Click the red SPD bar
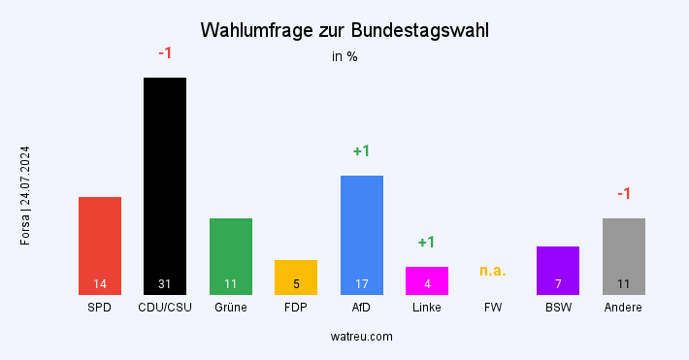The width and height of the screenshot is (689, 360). [100, 245]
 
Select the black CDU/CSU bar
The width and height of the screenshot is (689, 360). [165, 184]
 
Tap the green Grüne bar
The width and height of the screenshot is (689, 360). [231, 255]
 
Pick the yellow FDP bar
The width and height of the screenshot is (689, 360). [296, 277]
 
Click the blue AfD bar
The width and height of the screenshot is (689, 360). [362, 234]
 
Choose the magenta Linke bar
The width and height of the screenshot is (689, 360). [427, 279]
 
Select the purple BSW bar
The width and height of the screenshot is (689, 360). [558, 270]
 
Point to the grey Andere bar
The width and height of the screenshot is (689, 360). [624, 255]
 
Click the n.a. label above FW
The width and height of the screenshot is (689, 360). [493, 271]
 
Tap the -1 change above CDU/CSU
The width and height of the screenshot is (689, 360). [165, 53]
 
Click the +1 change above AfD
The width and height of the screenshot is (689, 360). [362, 151]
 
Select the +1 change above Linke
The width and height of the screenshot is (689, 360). [427, 243]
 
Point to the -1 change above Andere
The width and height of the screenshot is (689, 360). [624, 194]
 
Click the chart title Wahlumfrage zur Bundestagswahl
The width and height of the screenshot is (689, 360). [344, 30]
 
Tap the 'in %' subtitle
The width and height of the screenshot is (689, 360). [344, 56]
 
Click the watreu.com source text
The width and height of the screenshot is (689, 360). [361, 336]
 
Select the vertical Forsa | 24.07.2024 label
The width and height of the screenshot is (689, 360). [25, 195]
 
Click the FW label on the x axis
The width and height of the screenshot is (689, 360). [493, 308]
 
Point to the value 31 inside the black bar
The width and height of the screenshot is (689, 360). [165, 284]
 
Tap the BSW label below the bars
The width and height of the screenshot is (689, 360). [558, 308]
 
